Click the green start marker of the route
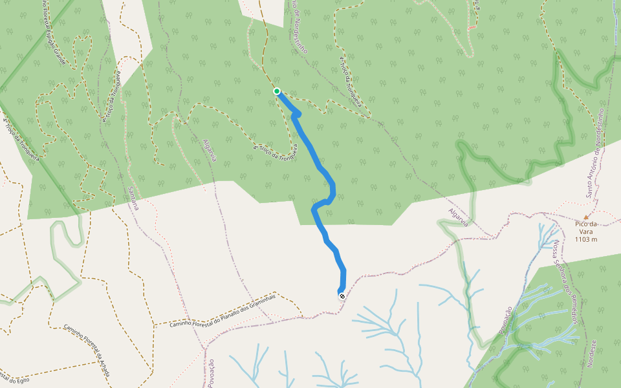pos(277,91)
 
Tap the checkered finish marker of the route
pos(342,296)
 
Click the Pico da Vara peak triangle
pos(587,217)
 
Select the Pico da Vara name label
pos(585,224)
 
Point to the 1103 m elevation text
pos(585,239)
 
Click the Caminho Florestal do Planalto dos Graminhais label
pos(223,310)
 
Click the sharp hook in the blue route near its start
pos(296,115)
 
